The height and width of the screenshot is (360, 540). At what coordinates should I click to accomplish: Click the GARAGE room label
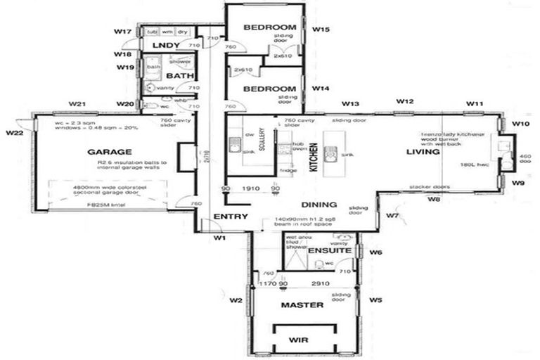coord(110,151)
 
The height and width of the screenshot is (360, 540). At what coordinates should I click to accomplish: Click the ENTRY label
coord(230,216)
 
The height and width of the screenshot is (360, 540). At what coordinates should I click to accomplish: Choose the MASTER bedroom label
coord(302,305)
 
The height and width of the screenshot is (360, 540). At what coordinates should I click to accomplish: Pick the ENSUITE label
coord(329,251)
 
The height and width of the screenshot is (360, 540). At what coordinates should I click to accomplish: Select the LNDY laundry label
coord(166,46)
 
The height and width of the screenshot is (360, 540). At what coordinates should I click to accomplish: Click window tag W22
coord(14,132)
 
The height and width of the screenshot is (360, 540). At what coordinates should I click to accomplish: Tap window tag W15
coord(321,30)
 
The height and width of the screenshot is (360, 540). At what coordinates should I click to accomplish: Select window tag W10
coord(520,124)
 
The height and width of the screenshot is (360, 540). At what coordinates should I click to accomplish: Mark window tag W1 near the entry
coord(220,238)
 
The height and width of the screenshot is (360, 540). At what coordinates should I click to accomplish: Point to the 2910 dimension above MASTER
coord(321,283)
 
